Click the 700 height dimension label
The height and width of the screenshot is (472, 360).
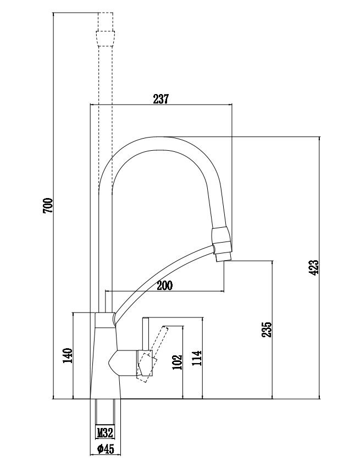tap(48, 206)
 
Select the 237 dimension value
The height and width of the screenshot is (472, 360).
tap(160, 99)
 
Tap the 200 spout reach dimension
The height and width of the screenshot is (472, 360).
tap(164, 286)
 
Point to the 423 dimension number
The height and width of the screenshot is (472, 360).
tap(314, 267)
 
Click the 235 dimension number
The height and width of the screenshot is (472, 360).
tap(267, 329)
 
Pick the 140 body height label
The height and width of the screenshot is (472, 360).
tap(68, 356)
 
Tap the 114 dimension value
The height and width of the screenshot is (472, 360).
tap(197, 358)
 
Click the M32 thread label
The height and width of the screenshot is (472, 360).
tap(105, 432)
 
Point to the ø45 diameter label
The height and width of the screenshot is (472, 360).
tap(105, 449)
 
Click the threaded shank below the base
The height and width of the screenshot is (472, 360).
tap(105, 413)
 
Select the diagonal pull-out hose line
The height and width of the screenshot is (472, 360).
tap(165, 275)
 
